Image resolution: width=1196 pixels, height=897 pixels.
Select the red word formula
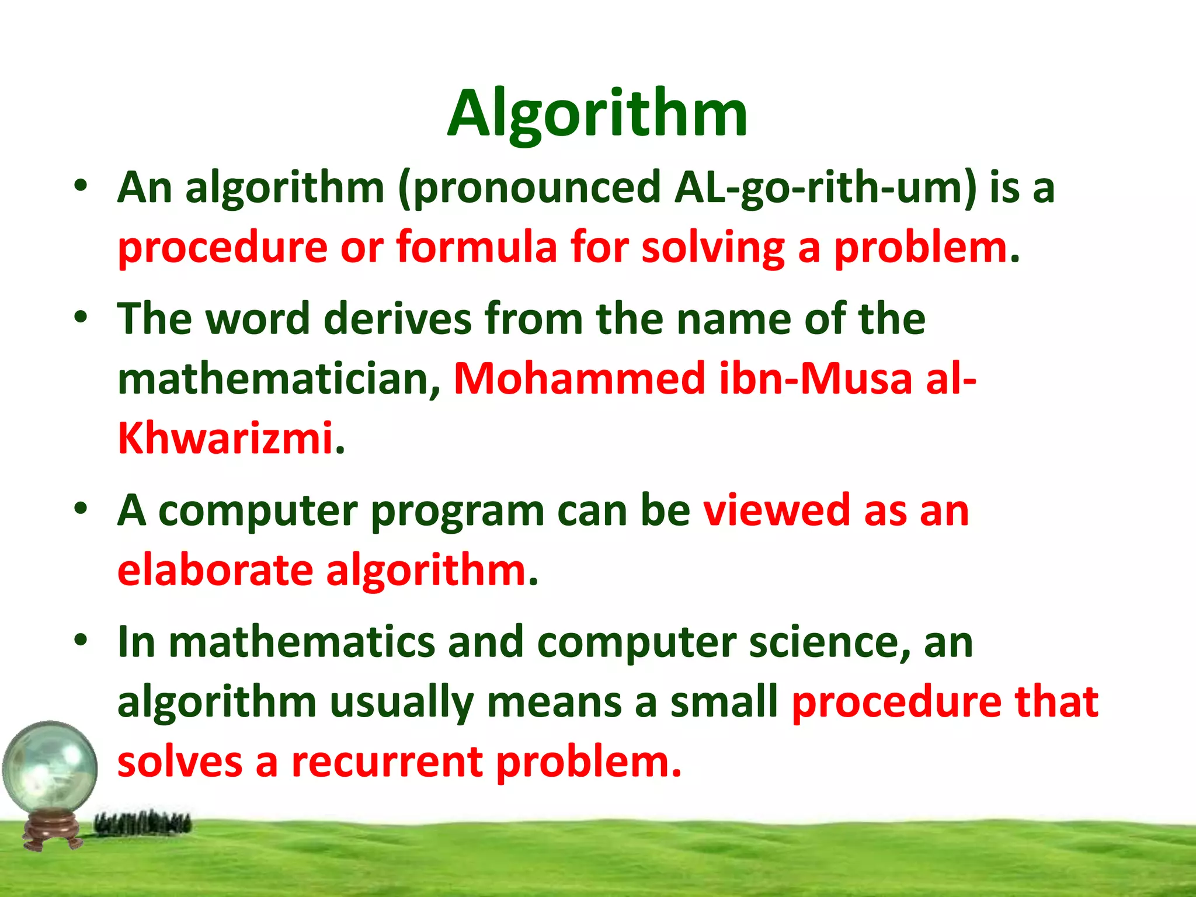[477, 248]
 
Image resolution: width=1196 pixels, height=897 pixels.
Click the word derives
[397, 319]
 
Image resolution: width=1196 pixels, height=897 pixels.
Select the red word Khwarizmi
[225, 438]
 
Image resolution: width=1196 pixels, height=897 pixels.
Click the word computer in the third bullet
[258, 512]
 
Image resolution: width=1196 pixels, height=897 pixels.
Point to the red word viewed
[777, 510]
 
